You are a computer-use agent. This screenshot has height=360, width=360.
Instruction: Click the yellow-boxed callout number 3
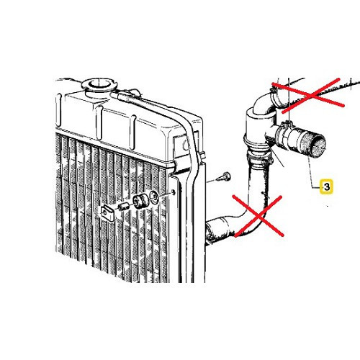tap(327, 186)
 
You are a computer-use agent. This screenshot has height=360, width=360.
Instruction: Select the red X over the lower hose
tap(258, 216)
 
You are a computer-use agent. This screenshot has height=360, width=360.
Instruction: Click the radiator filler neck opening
tap(99, 84)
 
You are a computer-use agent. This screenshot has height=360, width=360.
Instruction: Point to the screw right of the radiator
tap(224, 177)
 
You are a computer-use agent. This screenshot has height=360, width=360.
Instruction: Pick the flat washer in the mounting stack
tap(154, 197)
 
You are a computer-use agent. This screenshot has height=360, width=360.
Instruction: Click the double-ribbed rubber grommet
tap(141, 201)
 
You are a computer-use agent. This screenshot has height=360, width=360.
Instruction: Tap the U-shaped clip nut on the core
tap(107, 213)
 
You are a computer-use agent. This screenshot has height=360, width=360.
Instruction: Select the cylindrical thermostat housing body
tap(257, 131)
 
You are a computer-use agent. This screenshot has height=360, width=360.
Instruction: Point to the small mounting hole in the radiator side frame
tap(174, 192)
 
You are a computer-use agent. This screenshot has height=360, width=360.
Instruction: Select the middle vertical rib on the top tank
tap(99, 122)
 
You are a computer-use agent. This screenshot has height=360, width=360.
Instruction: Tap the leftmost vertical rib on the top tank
tap(58, 109)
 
